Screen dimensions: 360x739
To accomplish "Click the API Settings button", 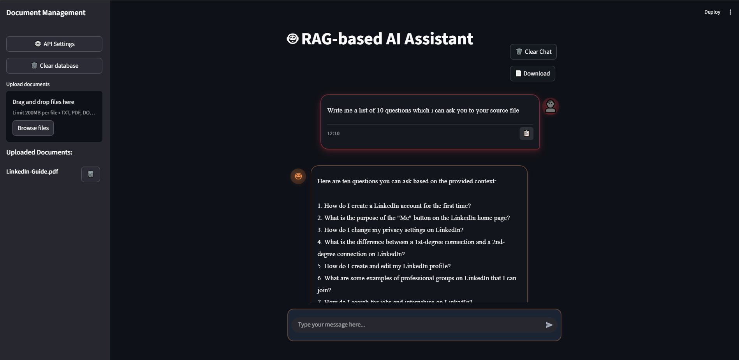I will pos(54,44).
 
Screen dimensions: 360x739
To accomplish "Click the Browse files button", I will pos(33,128).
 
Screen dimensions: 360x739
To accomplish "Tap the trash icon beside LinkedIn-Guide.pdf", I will pos(91,174).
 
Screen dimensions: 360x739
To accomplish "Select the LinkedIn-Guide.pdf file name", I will pos(32,172).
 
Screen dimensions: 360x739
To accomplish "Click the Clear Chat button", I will pos(533,52).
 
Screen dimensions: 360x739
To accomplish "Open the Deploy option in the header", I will pos(712,12).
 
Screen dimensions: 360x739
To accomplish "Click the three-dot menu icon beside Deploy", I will pos(730,12).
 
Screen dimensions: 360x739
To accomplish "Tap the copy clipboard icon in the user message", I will pos(526,133).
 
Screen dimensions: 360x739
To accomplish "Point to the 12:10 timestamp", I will pos(333,133).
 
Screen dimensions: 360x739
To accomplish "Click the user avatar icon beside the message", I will pos(551,106).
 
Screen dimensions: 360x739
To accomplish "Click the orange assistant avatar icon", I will pos(298,176).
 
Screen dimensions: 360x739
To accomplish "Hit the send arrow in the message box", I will pos(549,325).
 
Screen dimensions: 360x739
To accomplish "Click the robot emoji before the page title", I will pos(292,39).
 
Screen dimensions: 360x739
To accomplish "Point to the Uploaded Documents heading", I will pos(39,152).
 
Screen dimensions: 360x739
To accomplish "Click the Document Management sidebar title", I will pos(46,13).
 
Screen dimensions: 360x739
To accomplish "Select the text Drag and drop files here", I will pos(43,102).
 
